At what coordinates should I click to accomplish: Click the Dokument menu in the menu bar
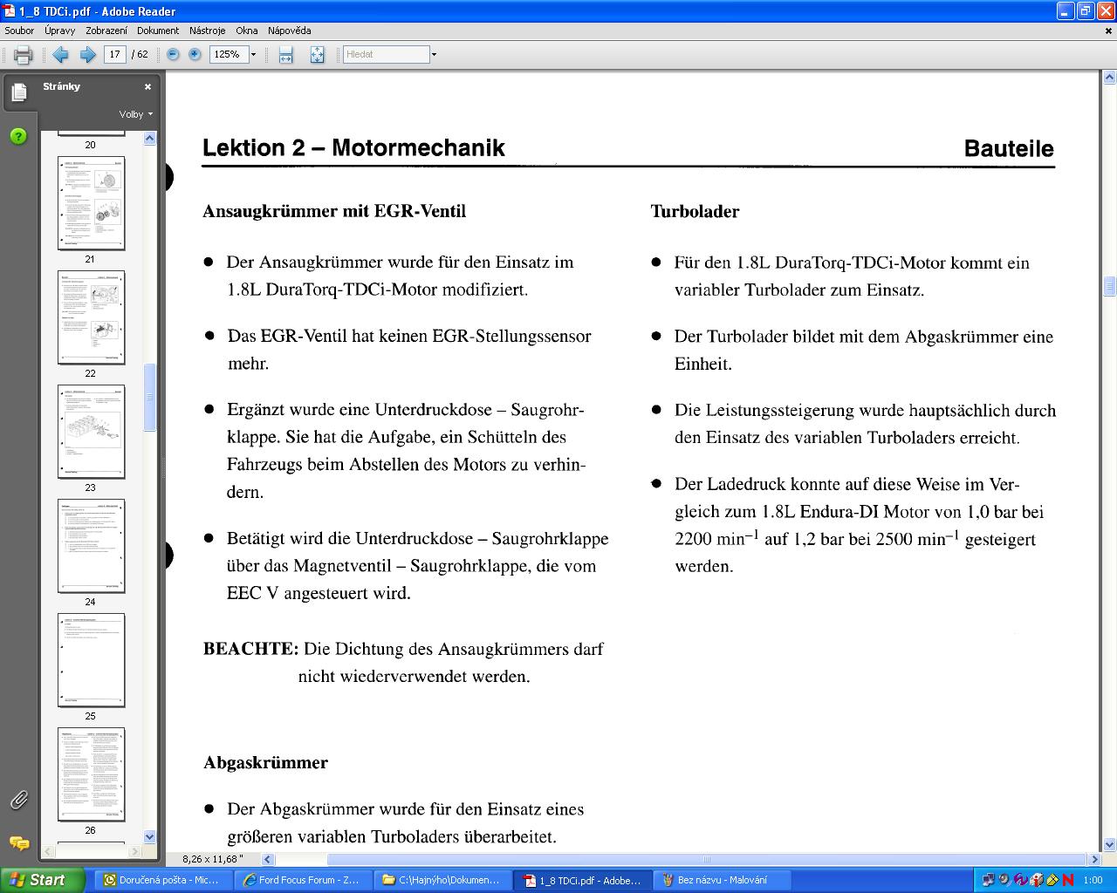pos(157,31)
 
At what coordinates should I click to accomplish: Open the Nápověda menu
pos(289,31)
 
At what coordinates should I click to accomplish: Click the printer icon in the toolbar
pos(24,55)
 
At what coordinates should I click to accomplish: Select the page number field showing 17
pos(114,54)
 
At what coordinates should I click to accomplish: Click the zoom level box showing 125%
pos(228,54)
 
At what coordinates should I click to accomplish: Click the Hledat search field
pos(386,54)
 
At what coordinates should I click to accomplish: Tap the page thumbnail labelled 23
pos(91,432)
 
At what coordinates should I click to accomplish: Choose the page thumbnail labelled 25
pos(91,660)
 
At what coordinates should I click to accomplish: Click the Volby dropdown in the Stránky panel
pos(135,114)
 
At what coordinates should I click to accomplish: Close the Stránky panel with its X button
pos(148,87)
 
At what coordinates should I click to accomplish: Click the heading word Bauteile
pos(1008,148)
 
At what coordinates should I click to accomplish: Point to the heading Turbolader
pos(695,211)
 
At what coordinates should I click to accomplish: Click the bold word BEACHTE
pos(250,649)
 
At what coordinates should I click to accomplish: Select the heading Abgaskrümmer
pos(265,762)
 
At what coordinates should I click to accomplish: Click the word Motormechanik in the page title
pos(418,147)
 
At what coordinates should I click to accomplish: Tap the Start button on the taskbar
pos(42,880)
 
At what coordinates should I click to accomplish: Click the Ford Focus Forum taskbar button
pos(302,880)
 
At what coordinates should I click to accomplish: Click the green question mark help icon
pos(18,136)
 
